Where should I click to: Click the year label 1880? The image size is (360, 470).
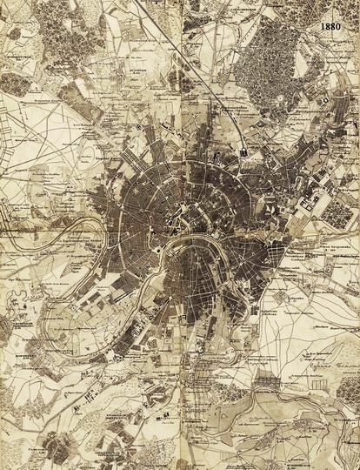(x=331, y=27)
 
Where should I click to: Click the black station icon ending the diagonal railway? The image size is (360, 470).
(x=246, y=153)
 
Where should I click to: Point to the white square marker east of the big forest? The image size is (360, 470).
(x=323, y=103)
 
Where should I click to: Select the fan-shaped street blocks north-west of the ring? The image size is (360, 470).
(x=139, y=165)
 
